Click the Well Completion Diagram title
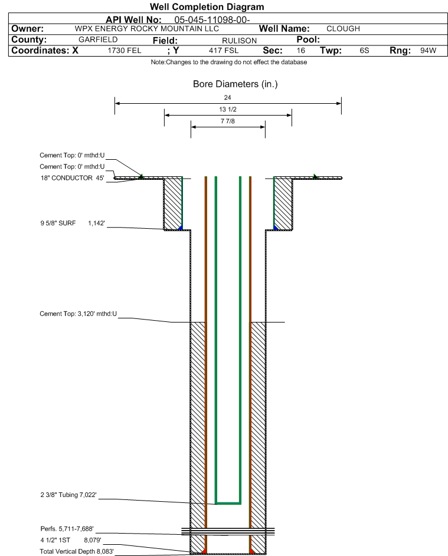pos(207,6)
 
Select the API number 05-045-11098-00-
pos(212,20)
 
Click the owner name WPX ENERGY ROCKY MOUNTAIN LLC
pos(146,29)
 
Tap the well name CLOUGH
pos(343,29)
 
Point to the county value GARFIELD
pos(98,40)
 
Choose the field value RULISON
pos(239,41)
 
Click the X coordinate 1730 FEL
pos(124,50)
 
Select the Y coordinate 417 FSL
pos(224,50)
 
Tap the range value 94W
pos(428,50)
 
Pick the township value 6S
pos(364,50)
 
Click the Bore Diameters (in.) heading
pos(236,84)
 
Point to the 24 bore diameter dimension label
pos(228,97)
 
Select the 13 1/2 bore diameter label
pos(228,109)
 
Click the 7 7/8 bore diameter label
pos(228,121)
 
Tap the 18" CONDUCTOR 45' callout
pos(73,178)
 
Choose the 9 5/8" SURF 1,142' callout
pos(73,223)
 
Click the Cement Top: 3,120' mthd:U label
pos(78,314)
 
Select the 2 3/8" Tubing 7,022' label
pos(68,495)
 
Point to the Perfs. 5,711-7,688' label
pos(67,529)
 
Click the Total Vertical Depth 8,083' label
pos(77,551)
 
